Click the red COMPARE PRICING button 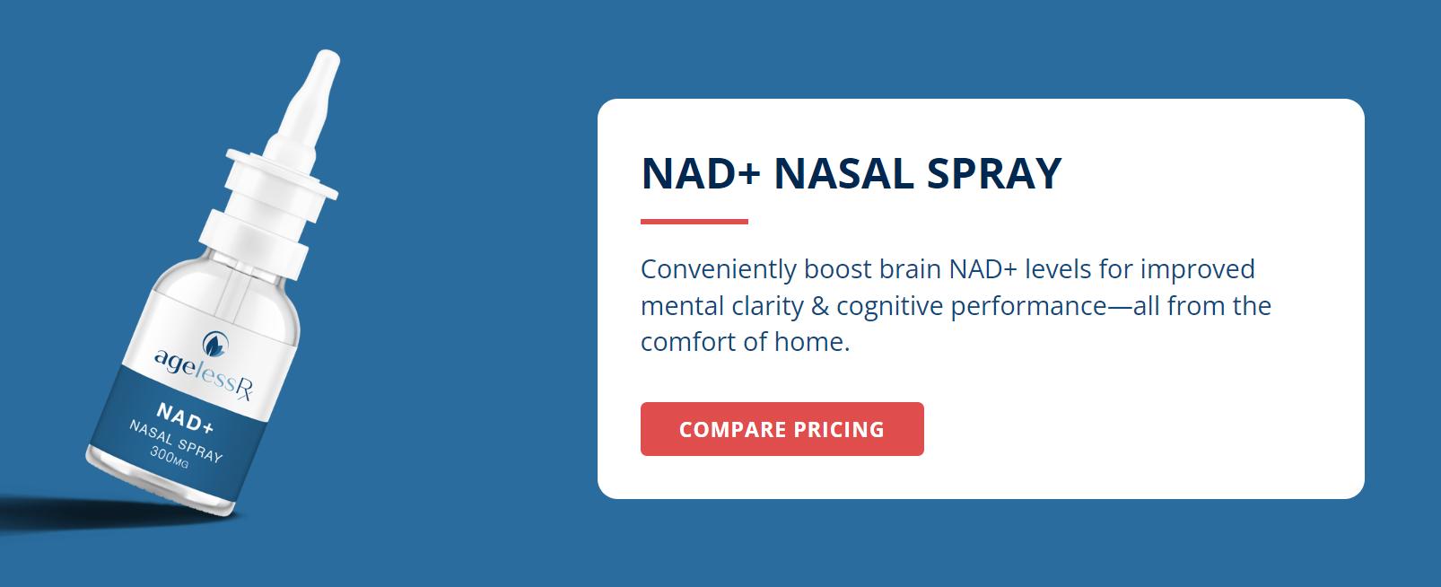[782, 429]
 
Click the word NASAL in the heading [843, 174]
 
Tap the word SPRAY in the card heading [994, 174]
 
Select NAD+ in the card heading [701, 174]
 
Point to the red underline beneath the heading [694, 222]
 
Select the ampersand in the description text [819, 306]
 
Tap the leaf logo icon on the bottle [214, 345]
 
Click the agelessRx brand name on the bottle [204, 374]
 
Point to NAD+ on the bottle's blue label [185, 418]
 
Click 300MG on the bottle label [170, 457]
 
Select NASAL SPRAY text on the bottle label [176, 442]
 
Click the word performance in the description [1028, 307]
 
